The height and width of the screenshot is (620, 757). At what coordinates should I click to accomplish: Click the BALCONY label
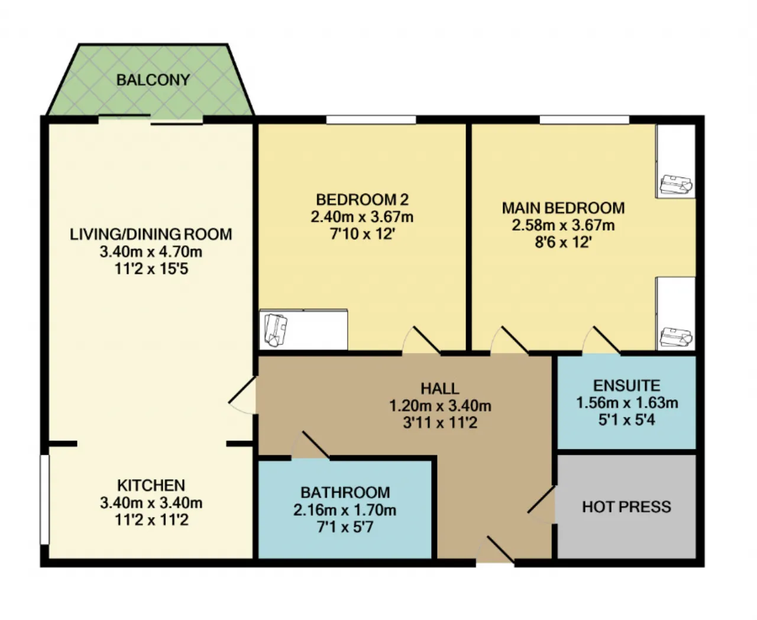pos(153,80)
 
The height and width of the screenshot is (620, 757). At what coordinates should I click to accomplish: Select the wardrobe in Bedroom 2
pos(303,330)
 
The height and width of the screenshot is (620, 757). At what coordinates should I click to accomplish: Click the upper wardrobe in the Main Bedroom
pos(675,161)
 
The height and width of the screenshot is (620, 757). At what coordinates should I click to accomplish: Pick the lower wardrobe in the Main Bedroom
pos(675,314)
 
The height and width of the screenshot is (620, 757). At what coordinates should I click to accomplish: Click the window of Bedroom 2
pos(371,120)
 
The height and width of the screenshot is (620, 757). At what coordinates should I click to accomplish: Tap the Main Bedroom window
pos(584,120)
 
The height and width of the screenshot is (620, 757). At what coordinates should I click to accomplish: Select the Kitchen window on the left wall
pos(44,500)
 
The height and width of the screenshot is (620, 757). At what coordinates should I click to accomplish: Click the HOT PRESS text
pos(626,507)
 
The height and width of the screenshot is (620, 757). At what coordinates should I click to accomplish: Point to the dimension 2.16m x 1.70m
pos(345,510)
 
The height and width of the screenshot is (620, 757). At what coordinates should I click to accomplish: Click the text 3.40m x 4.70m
pos(151,251)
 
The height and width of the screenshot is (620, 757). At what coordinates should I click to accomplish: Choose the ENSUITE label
pos(626,386)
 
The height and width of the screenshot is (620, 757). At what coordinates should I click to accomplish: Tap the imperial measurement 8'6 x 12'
pos(563,243)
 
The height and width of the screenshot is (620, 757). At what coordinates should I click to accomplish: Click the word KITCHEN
pos(151,485)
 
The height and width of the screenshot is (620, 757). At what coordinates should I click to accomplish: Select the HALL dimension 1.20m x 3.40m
pos(440,406)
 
